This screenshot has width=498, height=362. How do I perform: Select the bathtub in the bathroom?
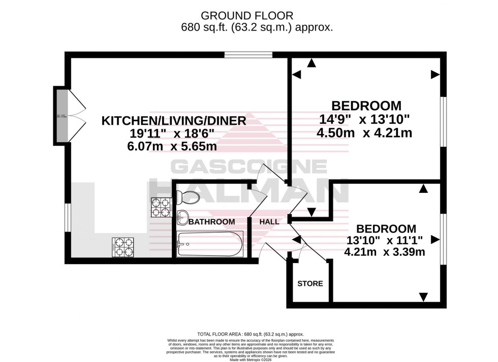[209, 244]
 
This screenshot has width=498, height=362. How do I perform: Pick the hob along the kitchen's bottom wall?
[123, 247]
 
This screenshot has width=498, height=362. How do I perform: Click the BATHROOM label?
[212, 222]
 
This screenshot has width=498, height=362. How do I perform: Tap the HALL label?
[269, 222]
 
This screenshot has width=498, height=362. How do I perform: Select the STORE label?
[310, 283]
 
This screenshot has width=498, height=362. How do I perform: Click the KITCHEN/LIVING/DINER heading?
[174, 121]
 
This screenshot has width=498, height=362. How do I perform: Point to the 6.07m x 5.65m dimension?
[174, 147]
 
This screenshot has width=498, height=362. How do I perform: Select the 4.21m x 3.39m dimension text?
[385, 251]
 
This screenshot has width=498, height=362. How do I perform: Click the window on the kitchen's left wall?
[67, 218]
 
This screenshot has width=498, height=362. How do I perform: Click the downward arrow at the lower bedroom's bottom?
[423, 297]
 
